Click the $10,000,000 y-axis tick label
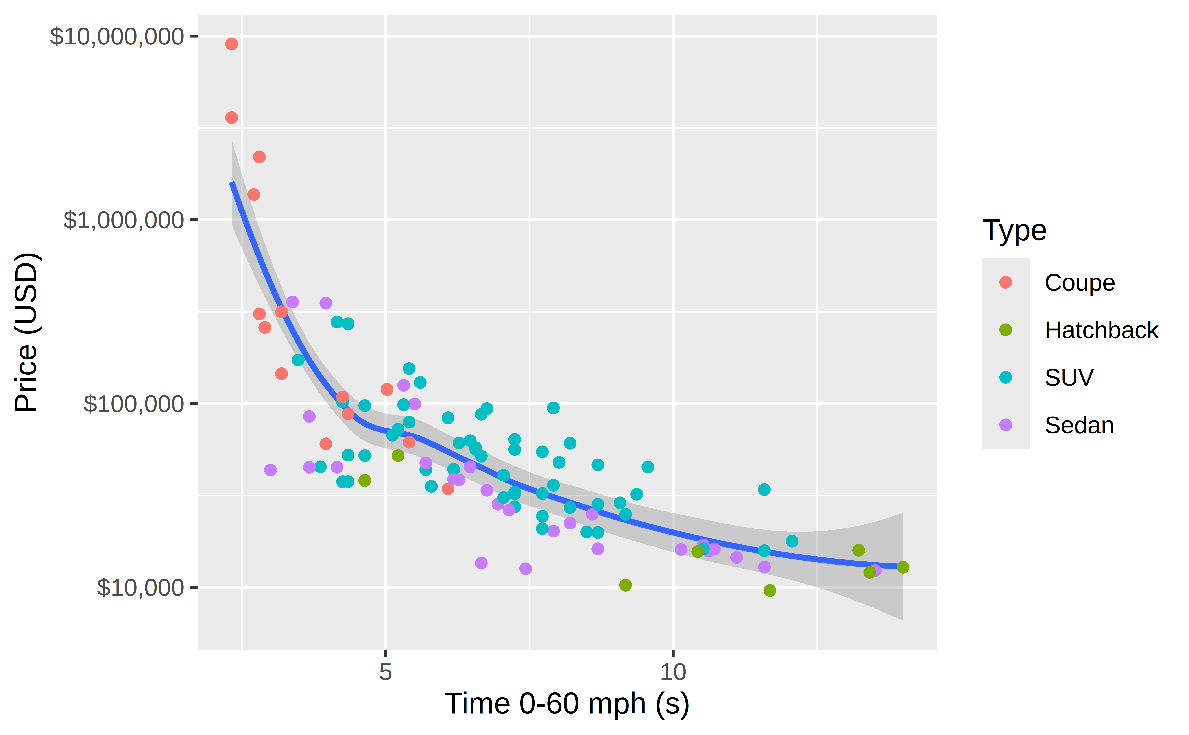click(117, 37)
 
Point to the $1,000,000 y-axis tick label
click(124, 220)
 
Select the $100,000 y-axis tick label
click(134, 404)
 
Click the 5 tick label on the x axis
click(385, 672)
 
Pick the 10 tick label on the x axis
click(673, 672)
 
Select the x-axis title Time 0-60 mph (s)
click(567, 704)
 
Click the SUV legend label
click(1069, 378)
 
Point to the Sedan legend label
click(1079, 425)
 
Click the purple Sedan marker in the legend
click(1005, 425)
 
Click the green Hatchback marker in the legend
click(1005, 330)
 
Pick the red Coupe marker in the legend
click(1005, 282)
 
